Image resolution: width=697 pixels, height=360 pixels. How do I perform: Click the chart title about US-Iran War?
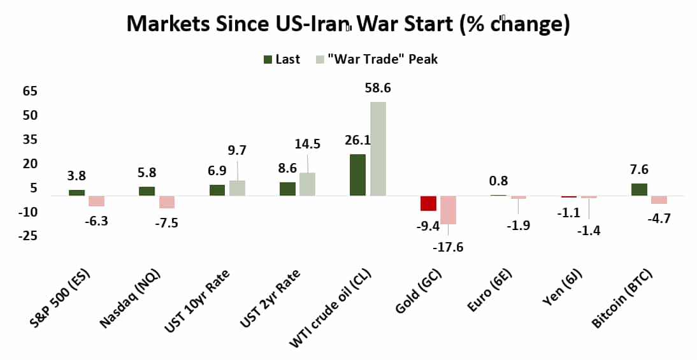tap(348, 24)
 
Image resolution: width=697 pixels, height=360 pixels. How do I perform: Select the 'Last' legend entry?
tap(282, 59)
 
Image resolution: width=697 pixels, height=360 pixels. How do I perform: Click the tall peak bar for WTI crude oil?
tap(377, 148)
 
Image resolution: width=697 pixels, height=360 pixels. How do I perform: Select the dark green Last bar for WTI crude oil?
tap(357, 175)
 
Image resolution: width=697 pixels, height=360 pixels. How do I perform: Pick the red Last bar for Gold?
tap(428, 203)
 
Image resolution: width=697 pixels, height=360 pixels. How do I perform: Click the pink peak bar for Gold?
tap(448, 210)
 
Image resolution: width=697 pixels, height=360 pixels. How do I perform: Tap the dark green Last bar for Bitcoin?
tap(639, 189)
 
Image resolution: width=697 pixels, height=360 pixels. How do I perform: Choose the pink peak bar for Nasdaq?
tap(167, 201)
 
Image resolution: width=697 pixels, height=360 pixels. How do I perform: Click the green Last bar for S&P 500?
tap(76, 192)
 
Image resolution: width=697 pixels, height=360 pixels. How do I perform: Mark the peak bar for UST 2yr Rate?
tap(307, 184)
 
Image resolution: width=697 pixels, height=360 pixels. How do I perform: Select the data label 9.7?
tap(236, 150)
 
